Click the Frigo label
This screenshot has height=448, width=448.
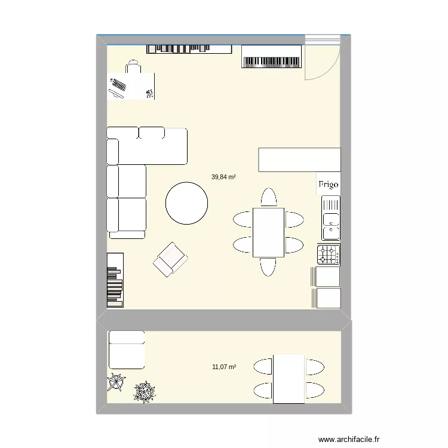328,185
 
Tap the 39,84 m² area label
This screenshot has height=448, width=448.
223,177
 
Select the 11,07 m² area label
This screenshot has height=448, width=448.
223,367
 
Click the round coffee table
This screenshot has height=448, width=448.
188,202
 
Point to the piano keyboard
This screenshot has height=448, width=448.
272,57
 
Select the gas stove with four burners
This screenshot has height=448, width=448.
329,255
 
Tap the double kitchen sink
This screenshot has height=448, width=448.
330,219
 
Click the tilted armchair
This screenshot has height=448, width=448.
170,260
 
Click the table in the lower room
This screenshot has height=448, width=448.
289,379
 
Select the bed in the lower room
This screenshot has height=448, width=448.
126,349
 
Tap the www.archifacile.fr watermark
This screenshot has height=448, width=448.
349,438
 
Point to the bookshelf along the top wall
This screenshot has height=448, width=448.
189,48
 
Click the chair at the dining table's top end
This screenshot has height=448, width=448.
269,197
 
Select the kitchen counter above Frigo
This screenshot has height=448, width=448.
299,159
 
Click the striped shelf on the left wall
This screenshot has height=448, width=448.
115,280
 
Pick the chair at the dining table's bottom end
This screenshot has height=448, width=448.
269,266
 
